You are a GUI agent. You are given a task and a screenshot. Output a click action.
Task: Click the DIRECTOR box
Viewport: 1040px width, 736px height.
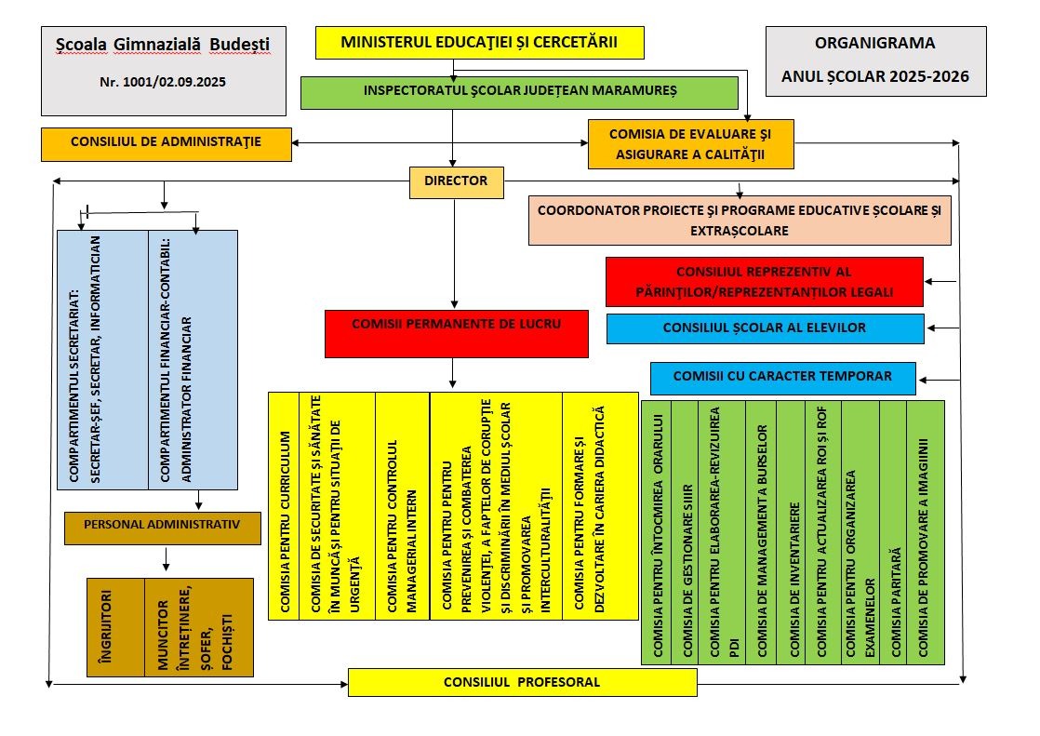pyautogui.click(x=456, y=182)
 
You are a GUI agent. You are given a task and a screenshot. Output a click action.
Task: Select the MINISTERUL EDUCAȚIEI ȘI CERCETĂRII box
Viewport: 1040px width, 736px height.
pyautogui.click(x=480, y=43)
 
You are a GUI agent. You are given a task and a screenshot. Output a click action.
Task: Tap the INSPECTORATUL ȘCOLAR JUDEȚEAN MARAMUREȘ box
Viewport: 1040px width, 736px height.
pyautogui.click(x=519, y=93)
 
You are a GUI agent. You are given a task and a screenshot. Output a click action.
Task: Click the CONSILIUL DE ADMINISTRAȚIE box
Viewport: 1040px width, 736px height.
pyautogui.click(x=167, y=144)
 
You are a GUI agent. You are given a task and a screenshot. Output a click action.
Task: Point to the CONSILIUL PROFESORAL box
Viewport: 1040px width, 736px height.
pyautogui.click(x=523, y=682)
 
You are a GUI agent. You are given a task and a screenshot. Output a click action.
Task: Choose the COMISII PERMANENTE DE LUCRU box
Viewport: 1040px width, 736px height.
pyautogui.click(x=457, y=334)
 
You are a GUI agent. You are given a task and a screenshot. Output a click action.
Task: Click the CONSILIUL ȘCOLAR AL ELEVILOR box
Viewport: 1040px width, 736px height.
pyautogui.click(x=766, y=328)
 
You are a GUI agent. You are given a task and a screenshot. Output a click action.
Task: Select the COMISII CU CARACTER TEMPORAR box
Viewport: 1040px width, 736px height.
pyautogui.click(x=782, y=379)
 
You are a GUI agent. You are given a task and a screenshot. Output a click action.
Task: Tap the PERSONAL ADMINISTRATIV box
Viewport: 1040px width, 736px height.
pyautogui.click(x=163, y=529)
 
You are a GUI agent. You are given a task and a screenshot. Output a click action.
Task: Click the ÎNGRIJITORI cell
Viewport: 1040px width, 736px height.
pyautogui.click(x=115, y=627)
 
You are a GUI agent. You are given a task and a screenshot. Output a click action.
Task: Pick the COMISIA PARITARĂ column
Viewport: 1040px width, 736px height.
pyautogui.click(x=893, y=532)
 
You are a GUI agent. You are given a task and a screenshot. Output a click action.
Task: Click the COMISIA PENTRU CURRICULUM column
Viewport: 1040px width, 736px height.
pyautogui.click(x=284, y=506)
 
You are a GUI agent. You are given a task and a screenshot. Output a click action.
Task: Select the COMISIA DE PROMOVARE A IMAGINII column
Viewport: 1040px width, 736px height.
pyautogui.click(x=926, y=532)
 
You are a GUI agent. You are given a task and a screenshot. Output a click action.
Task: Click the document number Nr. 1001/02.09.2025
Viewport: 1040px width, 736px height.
pyautogui.click(x=163, y=82)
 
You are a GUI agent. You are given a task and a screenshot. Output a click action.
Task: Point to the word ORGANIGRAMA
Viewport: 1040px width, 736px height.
pyautogui.click(x=874, y=43)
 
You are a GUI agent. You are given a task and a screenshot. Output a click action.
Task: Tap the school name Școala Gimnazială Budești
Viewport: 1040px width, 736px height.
pyautogui.click(x=163, y=45)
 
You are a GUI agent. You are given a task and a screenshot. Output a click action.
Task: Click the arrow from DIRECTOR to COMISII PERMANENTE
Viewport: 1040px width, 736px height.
pyautogui.click(x=454, y=254)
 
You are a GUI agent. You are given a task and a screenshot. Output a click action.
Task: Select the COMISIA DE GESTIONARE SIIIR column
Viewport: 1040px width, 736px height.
pyautogui.click(x=686, y=532)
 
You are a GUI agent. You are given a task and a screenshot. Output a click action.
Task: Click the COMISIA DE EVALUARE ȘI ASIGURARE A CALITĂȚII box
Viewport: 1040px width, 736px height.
pyautogui.click(x=690, y=144)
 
